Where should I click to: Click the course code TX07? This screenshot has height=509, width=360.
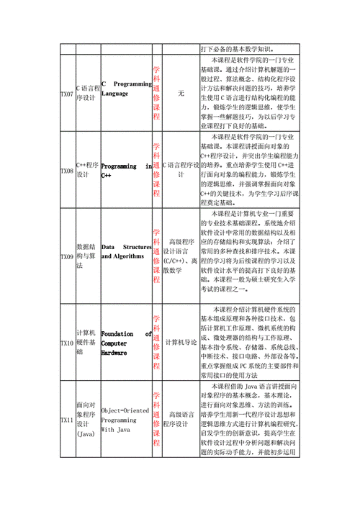[x=66, y=94]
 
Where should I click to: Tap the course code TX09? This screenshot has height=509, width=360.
[x=66, y=256]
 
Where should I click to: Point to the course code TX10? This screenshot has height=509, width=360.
[x=66, y=343]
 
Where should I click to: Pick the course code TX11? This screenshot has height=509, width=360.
[x=66, y=420]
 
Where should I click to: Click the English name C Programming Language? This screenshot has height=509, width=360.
[x=126, y=89]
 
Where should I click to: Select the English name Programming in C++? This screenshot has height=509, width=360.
[x=126, y=170]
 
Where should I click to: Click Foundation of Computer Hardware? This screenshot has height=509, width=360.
[x=126, y=343]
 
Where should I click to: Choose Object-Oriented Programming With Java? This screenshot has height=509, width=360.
[x=126, y=420]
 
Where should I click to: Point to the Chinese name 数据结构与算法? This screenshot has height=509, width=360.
[x=86, y=256]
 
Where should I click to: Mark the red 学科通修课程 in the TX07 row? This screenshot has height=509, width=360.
[x=156, y=94]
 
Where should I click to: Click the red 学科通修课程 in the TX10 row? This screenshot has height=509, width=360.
[x=156, y=343]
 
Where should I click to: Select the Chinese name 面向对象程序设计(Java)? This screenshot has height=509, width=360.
[x=86, y=420]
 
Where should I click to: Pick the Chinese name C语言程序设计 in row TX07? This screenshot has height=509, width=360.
[x=86, y=94]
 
